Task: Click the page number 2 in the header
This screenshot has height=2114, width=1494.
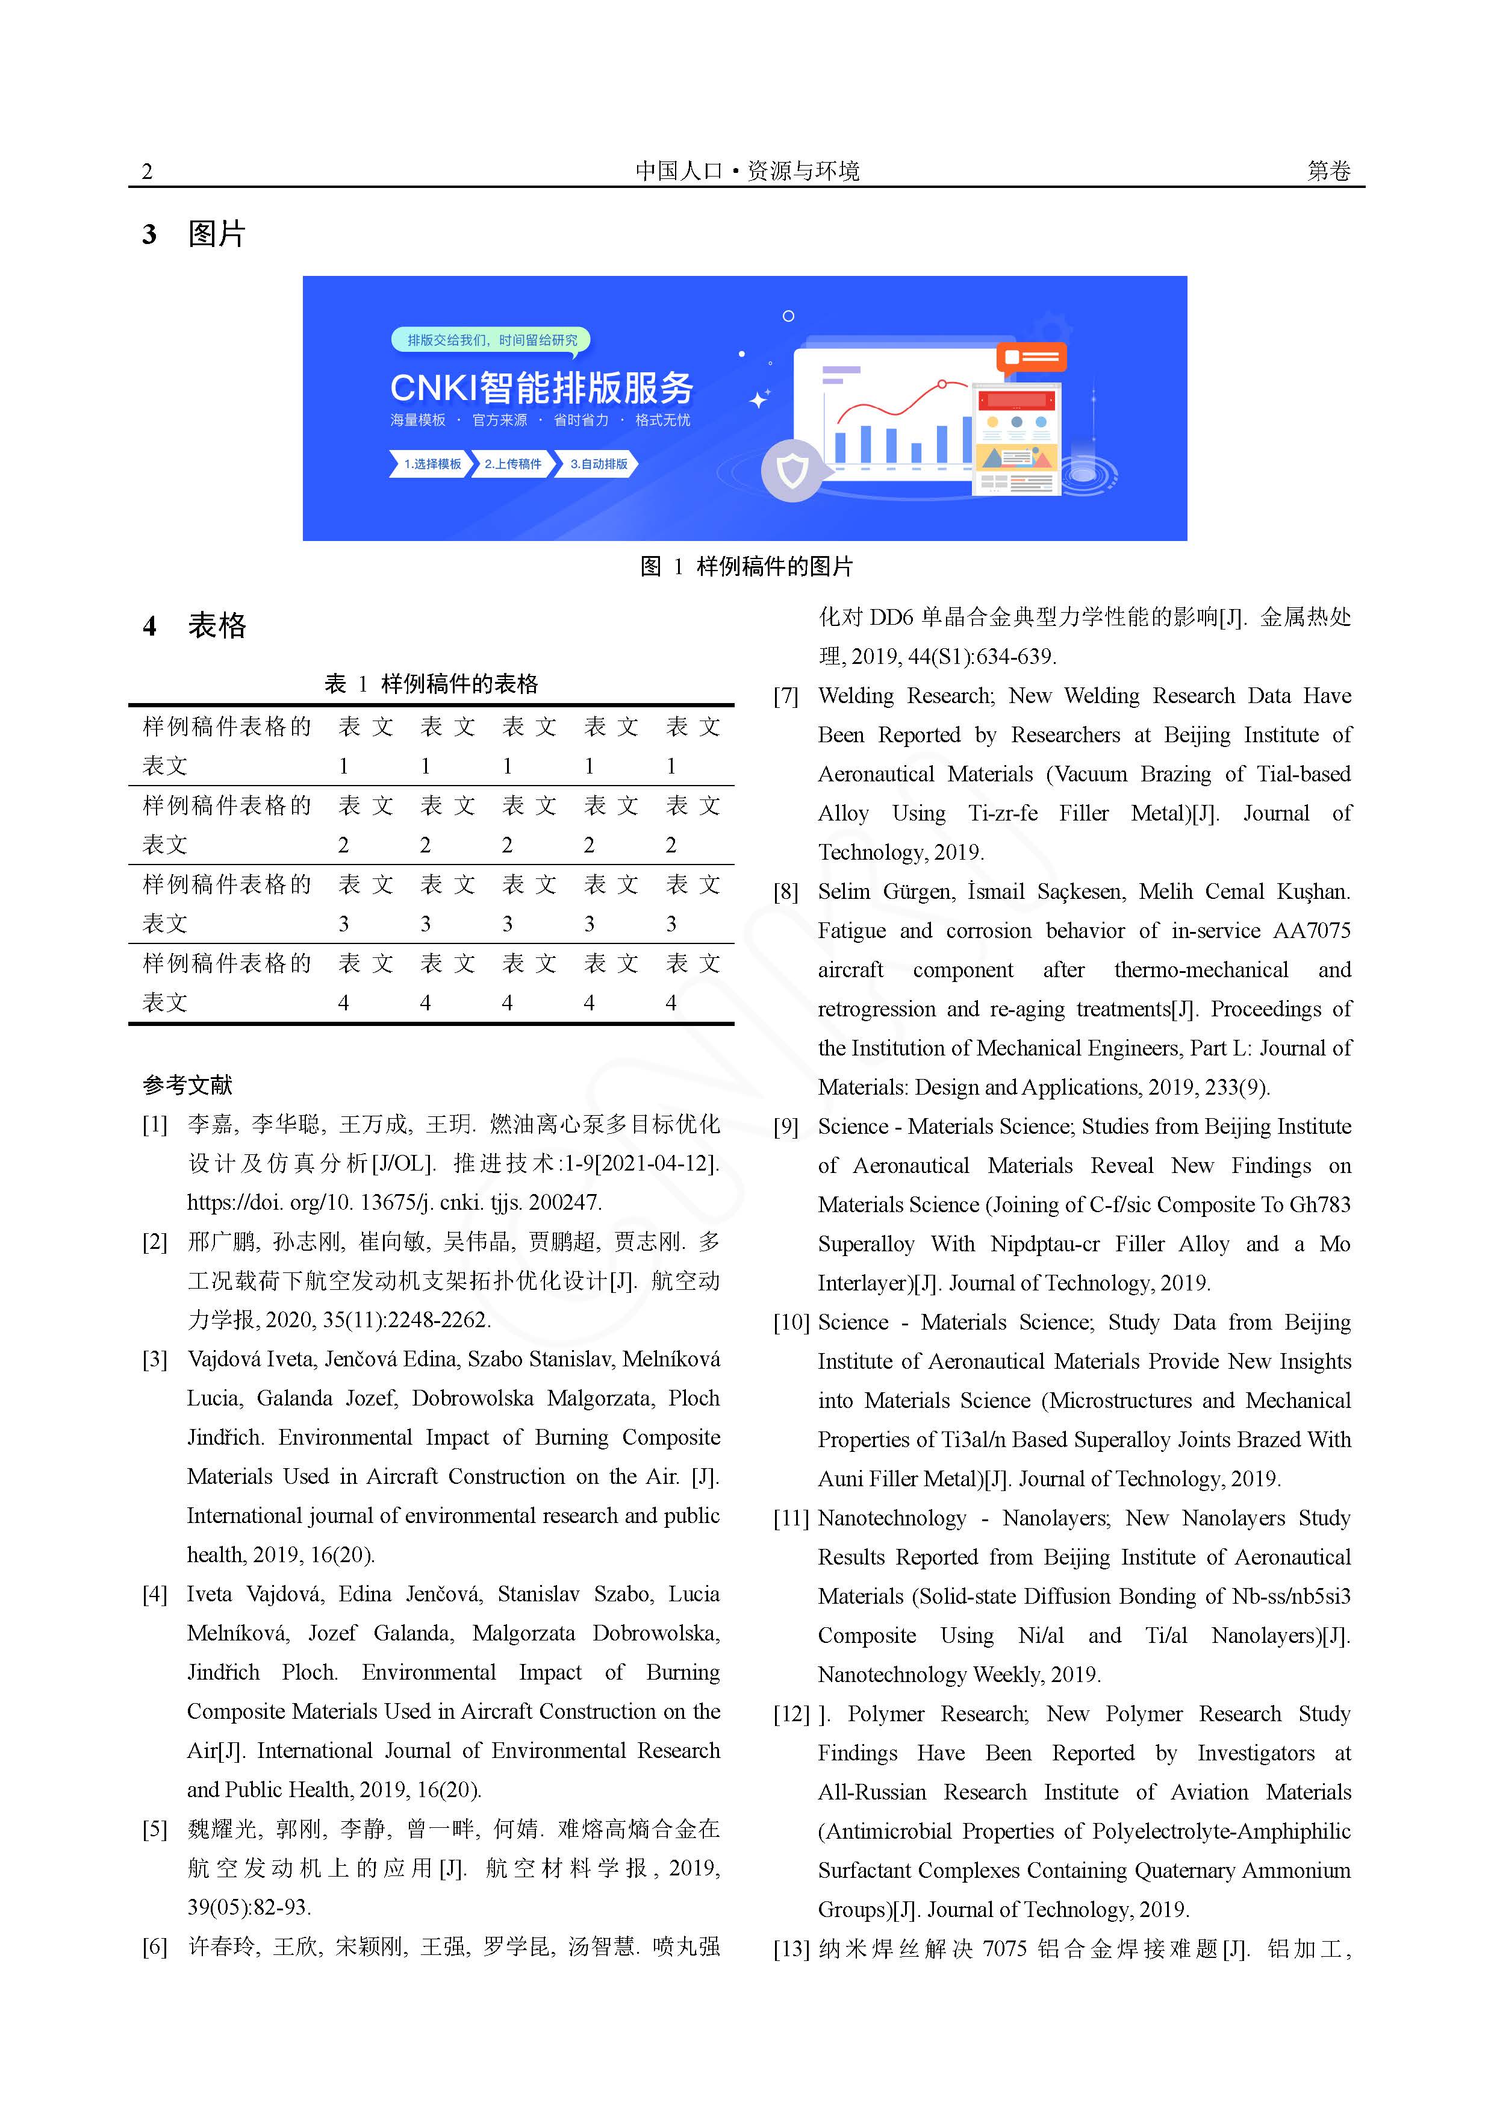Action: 148,171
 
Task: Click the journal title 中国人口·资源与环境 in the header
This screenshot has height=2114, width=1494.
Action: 747,171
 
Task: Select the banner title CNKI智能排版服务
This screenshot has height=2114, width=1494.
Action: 541,387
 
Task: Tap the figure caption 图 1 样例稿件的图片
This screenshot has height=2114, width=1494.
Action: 747,566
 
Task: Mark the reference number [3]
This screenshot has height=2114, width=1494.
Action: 155,1360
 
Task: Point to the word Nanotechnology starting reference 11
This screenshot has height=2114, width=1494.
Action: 892,1518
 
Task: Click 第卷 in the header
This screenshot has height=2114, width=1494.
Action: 1328,171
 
